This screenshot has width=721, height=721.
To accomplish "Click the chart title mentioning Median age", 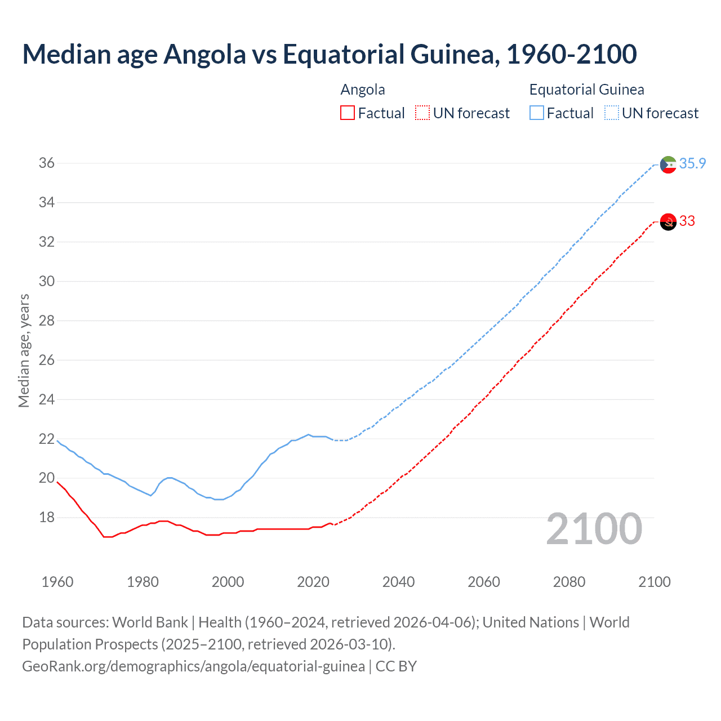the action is pyautogui.click(x=330, y=54).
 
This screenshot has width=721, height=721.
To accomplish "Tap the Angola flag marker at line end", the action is pyautogui.click(x=668, y=222).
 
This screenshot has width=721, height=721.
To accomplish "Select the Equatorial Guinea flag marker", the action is pyautogui.click(x=668, y=164).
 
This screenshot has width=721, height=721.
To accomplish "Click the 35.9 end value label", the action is pyautogui.click(x=692, y=163).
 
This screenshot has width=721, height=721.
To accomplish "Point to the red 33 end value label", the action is pyautogui.click(x=687, y=221).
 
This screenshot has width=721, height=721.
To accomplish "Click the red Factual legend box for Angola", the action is pyautogui.click(x=348, y=113).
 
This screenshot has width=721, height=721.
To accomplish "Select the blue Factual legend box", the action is pyautogui.click(x=537, y=113).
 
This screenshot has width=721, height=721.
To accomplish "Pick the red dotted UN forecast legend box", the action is pyautogui.click(x=422, y=113).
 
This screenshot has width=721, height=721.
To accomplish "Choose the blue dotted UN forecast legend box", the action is pyautogui.click(x=611, y=113).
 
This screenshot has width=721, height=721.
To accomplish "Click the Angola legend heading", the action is pyautogui.click(x=363, y=90).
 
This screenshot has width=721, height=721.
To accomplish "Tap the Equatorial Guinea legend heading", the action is pyautogui.click(x=586, y=90).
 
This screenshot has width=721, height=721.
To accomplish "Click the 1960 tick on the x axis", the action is pyautogui.click(x=57, y=582).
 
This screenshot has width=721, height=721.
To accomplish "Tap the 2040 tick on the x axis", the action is pyautogui.click(x=398, y=582).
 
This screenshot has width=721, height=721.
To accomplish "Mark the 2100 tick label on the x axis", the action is pyautogui.click(x=655, y=582).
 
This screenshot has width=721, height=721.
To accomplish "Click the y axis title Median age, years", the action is pyautogui.click(x=24, y=350).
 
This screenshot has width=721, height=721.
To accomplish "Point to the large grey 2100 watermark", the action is pyautogui.click(x=594, y=529).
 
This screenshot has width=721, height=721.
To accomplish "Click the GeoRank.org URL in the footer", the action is pyautogui.click(x=193, y=666).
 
